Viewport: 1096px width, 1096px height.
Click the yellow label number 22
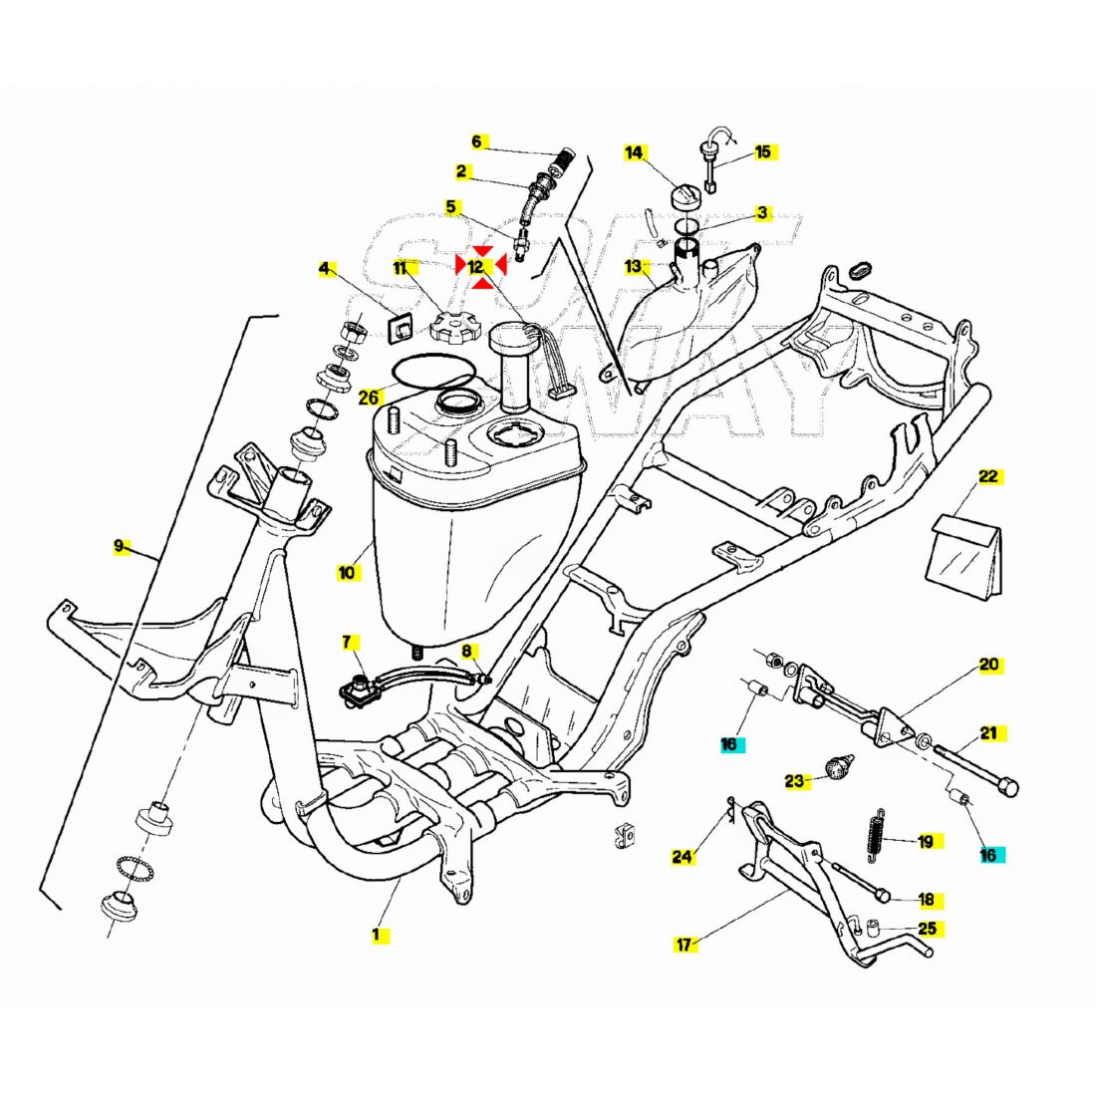coord(987,476)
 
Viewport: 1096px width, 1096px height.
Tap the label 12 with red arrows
coord(477,266)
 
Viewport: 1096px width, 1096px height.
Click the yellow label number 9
coord(119,546)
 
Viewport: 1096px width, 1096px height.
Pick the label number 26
coord(370,398)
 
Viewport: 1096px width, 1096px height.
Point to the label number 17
coord(684,944)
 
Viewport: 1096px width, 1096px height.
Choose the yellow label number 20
coord(988,665)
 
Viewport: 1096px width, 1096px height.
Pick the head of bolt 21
coord(1008,787)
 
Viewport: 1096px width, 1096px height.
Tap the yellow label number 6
coord(476,141)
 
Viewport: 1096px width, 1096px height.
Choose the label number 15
coord(762,152)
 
